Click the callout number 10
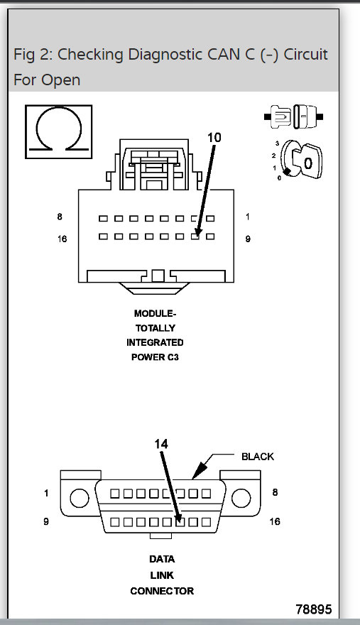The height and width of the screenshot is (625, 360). point(214,138)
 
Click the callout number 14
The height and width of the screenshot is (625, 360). point(161,442)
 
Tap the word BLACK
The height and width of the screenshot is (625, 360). point(257,457)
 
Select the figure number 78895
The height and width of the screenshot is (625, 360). point(313,609)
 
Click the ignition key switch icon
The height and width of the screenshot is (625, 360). point(298,161)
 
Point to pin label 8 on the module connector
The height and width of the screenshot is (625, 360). point(61,217)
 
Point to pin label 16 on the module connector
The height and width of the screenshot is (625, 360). point(62,239)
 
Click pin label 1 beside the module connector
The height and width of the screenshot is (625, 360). point(248,217)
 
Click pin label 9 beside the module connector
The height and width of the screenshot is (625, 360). point(248,239)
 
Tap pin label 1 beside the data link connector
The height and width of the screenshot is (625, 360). point(46,493)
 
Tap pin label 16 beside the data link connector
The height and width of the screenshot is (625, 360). point(275,522)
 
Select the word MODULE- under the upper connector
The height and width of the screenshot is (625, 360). point(155,313)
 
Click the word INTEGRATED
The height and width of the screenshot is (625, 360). point(155,342)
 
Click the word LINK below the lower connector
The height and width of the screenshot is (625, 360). point(161,575)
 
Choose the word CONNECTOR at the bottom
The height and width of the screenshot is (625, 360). point(161,591)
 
